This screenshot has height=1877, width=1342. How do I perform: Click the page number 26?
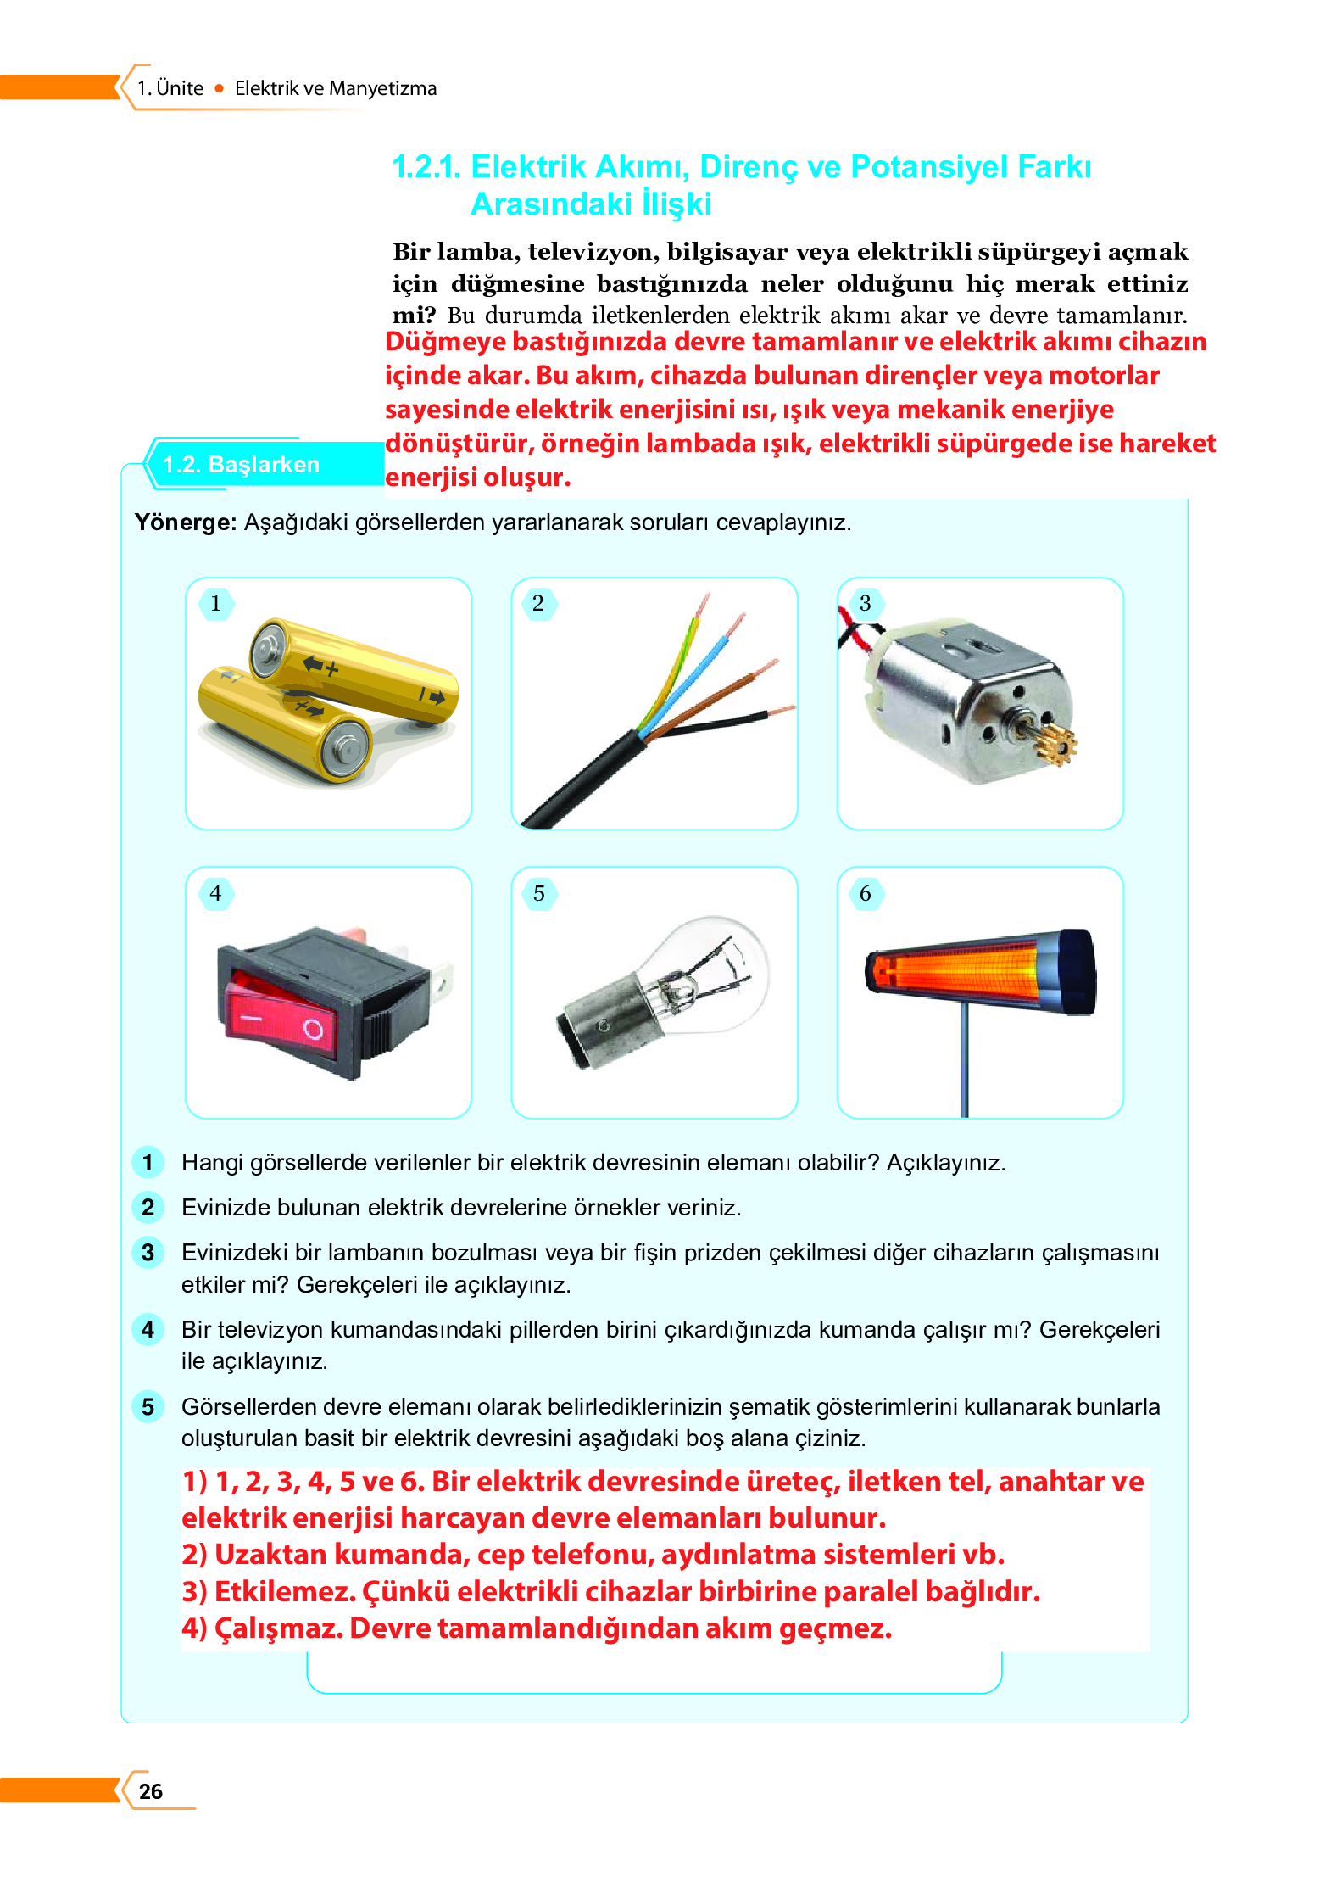(x=150, y=1791)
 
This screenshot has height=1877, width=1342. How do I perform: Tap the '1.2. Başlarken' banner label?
(x=241, y=465)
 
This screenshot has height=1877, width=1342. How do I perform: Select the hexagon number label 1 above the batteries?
(x=216, y=603)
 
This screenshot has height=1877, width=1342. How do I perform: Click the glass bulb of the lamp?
(x=729, y=967)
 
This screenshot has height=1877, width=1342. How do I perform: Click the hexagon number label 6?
(x=865, y=893)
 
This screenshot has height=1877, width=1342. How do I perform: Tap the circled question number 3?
(x=148, y=1252)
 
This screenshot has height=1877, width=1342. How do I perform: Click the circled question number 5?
(x=148, y=1406)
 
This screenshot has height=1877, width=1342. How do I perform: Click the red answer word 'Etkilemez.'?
(x=285, y=1592)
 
